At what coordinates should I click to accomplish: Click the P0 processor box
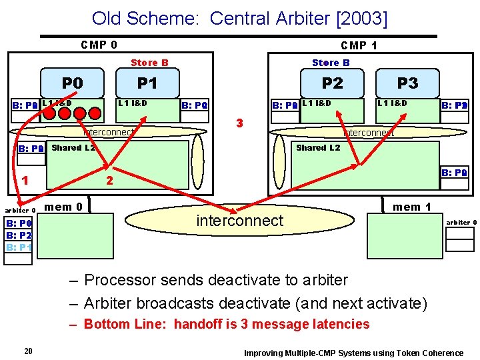click(x=72, y=83)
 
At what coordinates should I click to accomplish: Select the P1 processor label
click(x=147, y=83)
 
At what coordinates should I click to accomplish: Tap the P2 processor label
click(x=332, y=83)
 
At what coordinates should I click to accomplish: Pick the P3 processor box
click(x=407, y=83)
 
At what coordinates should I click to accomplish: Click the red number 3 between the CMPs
click(x=239, y=123)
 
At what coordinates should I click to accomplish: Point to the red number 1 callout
click(x=25, y=179)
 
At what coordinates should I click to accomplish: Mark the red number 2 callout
click(x=110, y=181)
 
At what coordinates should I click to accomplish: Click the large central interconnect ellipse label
click(x=240, y=220)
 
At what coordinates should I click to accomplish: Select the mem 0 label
click(x=63, y=207)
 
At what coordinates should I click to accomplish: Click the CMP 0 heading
click(x=99, y=45)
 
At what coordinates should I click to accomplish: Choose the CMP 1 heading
click(x=359, y=45)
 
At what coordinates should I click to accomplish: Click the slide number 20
click(x=28, y=351)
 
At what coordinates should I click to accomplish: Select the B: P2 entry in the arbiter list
click(x=19, y=235)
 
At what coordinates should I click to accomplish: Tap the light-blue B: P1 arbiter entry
click(x=19, y=247)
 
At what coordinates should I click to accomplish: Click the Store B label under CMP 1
click(x=331, y=63)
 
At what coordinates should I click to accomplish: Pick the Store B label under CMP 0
click(x=149, y=63)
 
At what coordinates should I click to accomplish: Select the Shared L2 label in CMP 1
click(x=318, y=147)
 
